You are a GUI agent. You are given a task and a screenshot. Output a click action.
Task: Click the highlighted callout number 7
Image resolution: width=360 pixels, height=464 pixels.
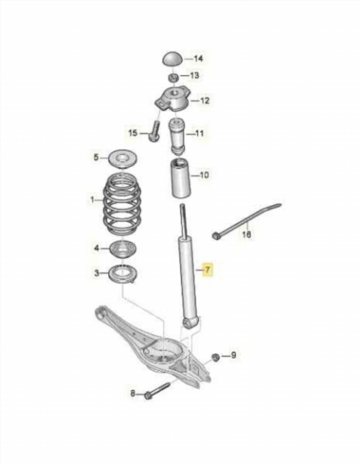(207, 270)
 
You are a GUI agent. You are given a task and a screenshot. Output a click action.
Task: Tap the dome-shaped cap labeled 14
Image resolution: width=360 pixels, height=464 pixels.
(172, 59)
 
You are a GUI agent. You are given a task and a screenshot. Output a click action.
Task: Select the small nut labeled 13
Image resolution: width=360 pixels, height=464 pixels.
(173, 78)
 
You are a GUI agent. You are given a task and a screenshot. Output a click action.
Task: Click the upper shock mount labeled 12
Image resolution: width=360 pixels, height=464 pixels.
(173, 99)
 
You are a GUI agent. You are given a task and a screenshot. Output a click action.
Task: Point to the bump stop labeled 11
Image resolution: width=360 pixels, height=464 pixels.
(177, 136)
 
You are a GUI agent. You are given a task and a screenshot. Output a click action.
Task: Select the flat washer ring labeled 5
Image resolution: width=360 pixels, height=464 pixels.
(122, 159)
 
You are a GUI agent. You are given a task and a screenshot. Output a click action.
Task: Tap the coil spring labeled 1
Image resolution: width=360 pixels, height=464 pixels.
(122, 204)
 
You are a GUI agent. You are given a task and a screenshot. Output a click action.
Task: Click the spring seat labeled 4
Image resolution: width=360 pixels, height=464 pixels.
(122, 250)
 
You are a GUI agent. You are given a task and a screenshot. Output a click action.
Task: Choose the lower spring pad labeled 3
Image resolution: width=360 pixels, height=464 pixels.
(123, 274)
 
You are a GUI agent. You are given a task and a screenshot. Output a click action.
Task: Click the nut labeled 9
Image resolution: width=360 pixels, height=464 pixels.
(216, 357)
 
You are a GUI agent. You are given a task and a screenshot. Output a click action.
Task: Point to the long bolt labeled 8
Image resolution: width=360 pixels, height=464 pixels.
(157, 391)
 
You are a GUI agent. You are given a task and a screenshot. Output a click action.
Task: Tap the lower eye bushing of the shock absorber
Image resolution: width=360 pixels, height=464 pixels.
(189, 323)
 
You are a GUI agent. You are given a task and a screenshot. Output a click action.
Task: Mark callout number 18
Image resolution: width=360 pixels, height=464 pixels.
(247, 234)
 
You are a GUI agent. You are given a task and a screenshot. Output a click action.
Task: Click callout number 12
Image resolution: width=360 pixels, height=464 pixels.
(205, 100)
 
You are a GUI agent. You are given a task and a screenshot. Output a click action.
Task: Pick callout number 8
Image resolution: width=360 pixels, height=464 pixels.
(133, 393)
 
